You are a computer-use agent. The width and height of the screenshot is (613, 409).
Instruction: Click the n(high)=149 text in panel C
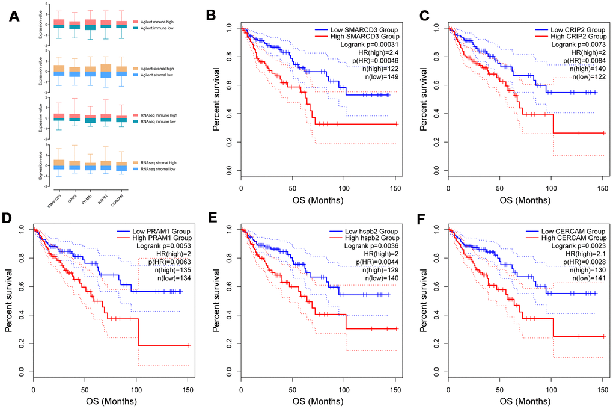click(581, 69)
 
